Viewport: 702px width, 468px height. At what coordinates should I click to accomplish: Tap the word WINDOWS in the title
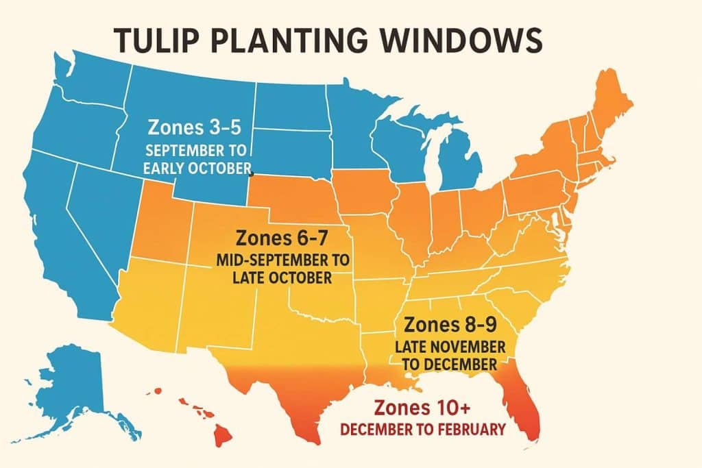click(468, 40)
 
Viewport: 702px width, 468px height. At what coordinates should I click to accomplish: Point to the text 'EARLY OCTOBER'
click(198, 169)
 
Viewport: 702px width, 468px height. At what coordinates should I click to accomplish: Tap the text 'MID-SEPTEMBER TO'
click(282, 262)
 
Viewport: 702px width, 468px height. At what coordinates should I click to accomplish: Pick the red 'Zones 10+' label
click(422, 408)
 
